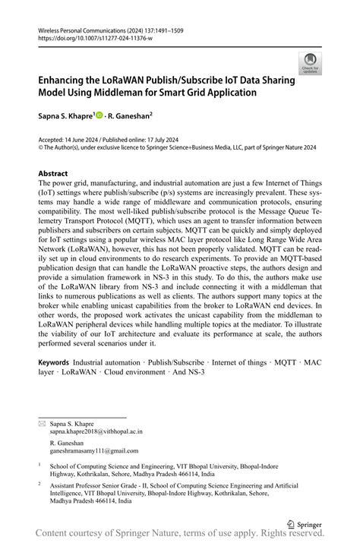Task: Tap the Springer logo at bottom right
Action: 302,523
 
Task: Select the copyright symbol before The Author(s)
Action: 41,147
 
